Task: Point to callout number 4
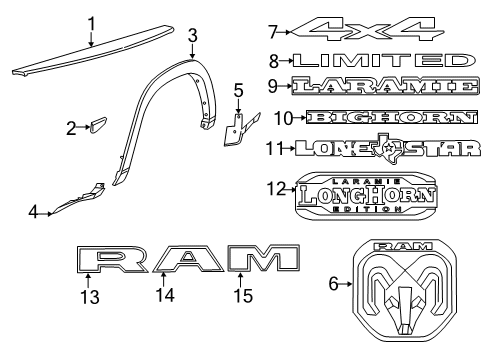(33, 213)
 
